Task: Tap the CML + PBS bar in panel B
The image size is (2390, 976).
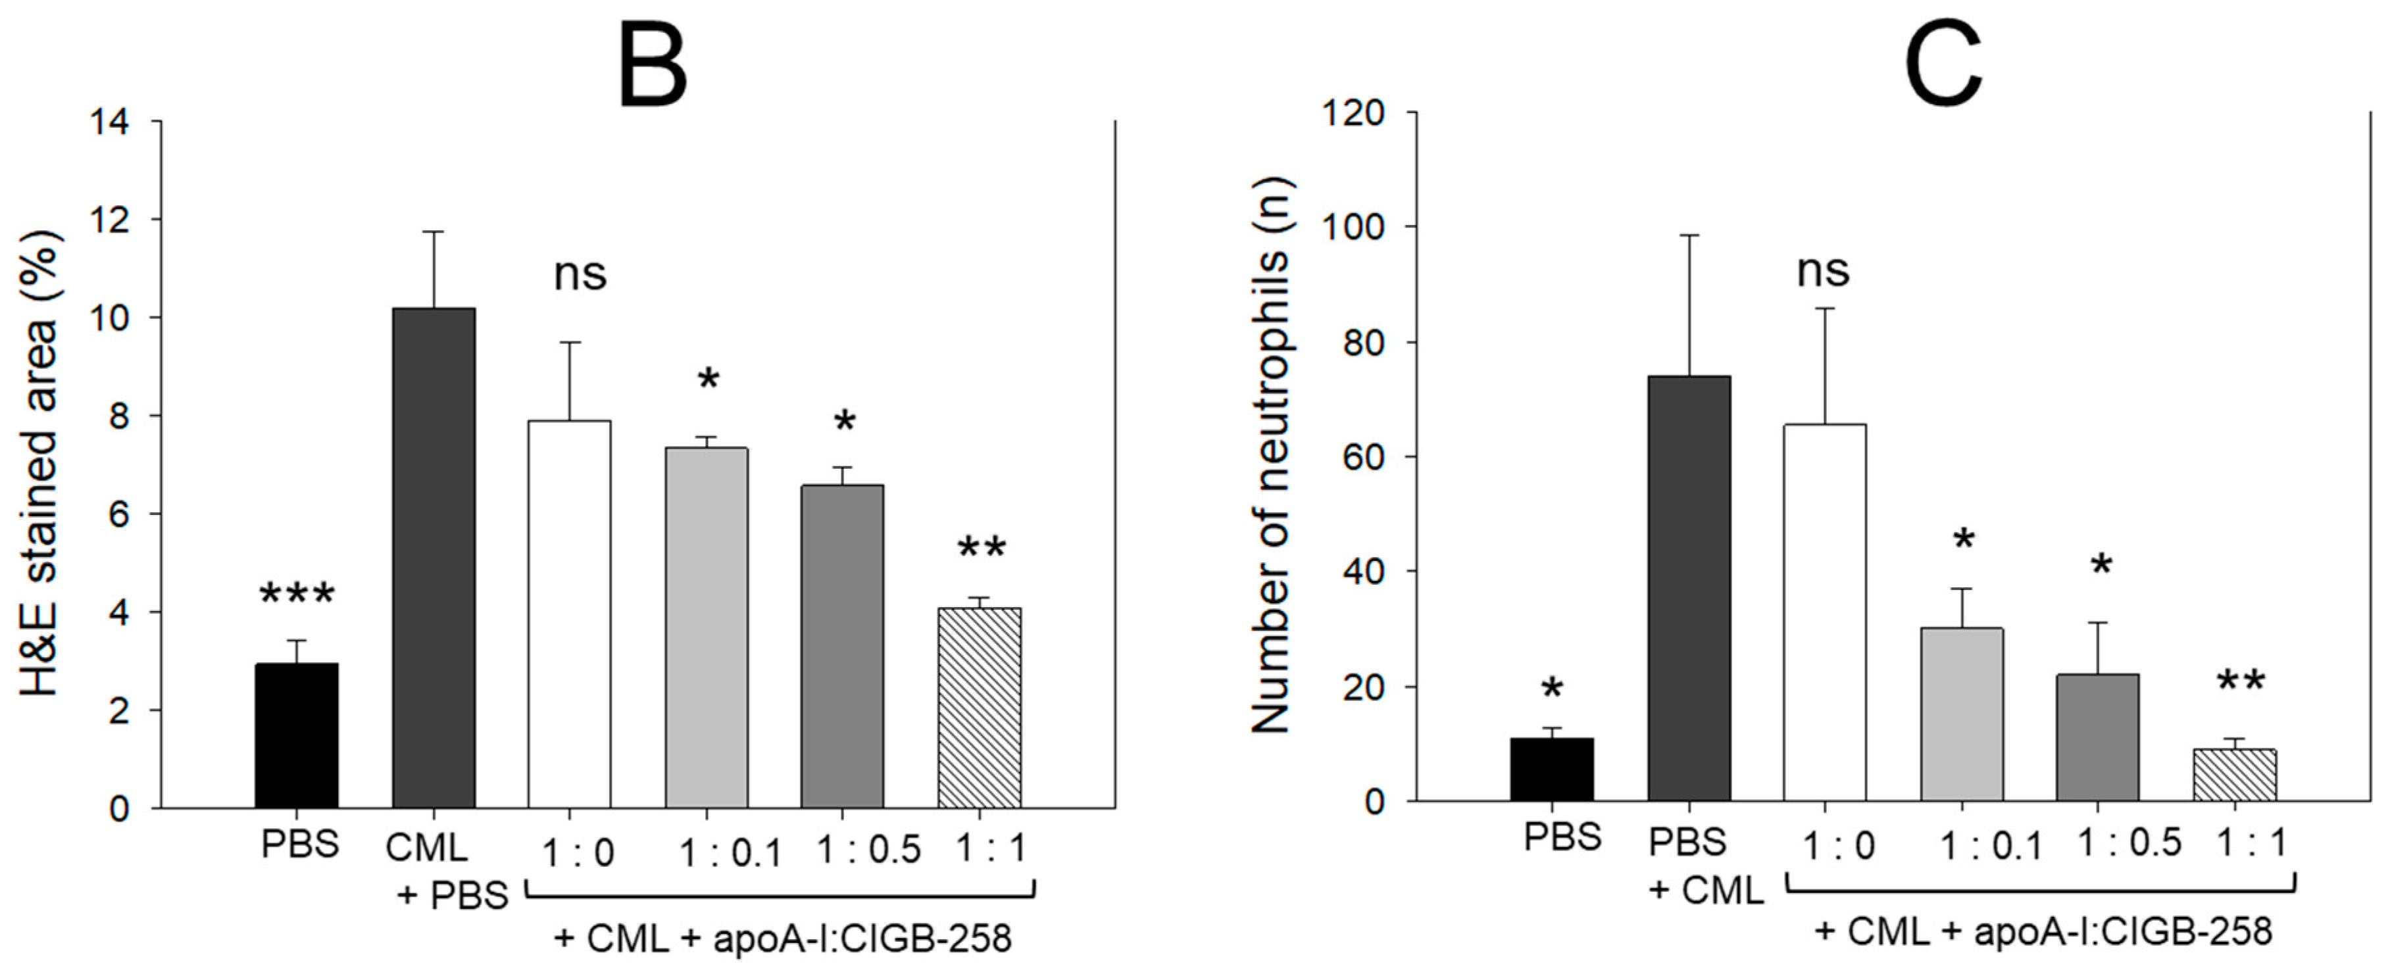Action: click(434, 556)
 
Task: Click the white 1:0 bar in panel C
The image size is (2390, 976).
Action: click(1825, 612)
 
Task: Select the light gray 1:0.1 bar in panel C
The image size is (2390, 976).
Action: click(1961, 714)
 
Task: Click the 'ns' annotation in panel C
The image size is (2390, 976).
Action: click(1823, 271)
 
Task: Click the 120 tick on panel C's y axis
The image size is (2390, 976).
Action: click(1357, 113)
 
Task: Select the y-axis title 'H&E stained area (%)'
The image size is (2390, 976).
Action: click(41, 464)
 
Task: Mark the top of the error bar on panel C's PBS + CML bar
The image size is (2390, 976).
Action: click(1689, 235)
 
